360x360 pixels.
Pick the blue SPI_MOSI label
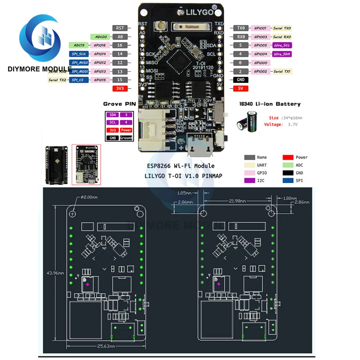pyautogui.click(x=78, y=71)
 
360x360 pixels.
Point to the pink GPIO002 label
pyautogui.click(x=260, y=71)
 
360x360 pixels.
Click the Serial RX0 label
pyautogui.click(x=282, y=37)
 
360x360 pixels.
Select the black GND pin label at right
pyautogui.click(x=240, y=80)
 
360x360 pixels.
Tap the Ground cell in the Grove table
pyautogui.click(x=126, y=138)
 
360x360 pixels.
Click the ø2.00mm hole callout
pyautogui.click(x=88, y=197)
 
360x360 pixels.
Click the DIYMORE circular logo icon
pyautogui.click(x=40, y=40)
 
